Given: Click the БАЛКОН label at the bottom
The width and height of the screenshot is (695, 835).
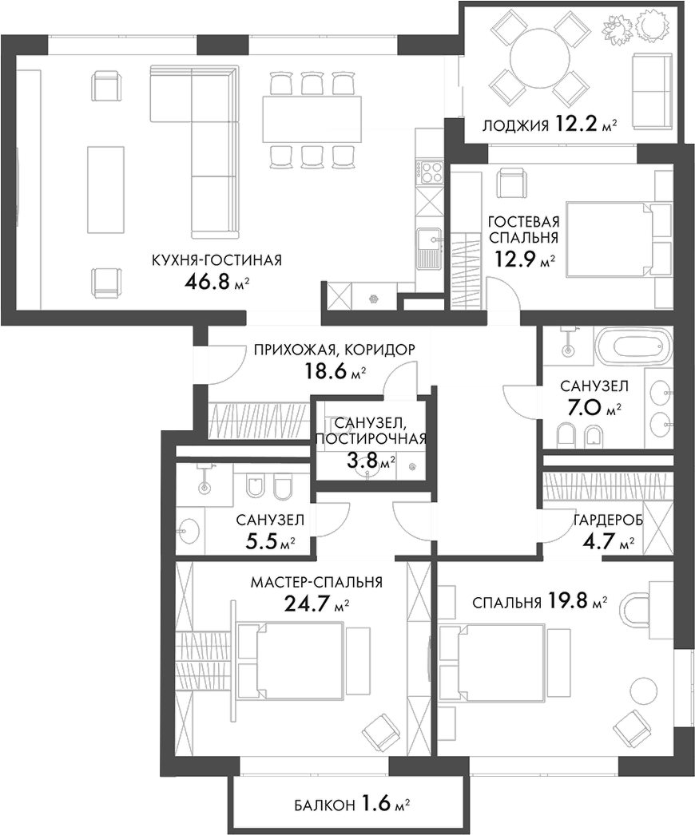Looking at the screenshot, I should pos(316,805).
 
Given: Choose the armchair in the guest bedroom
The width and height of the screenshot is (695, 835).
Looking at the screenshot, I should pos(511,184).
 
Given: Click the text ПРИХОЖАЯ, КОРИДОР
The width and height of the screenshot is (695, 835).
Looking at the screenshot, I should pos(335,350).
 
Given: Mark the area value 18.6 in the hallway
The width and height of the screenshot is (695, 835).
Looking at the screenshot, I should pos(327,371).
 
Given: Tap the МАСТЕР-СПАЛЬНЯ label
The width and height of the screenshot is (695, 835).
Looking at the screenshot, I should pos(316,583).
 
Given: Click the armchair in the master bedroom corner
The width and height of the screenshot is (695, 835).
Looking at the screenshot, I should pos(380,731).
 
